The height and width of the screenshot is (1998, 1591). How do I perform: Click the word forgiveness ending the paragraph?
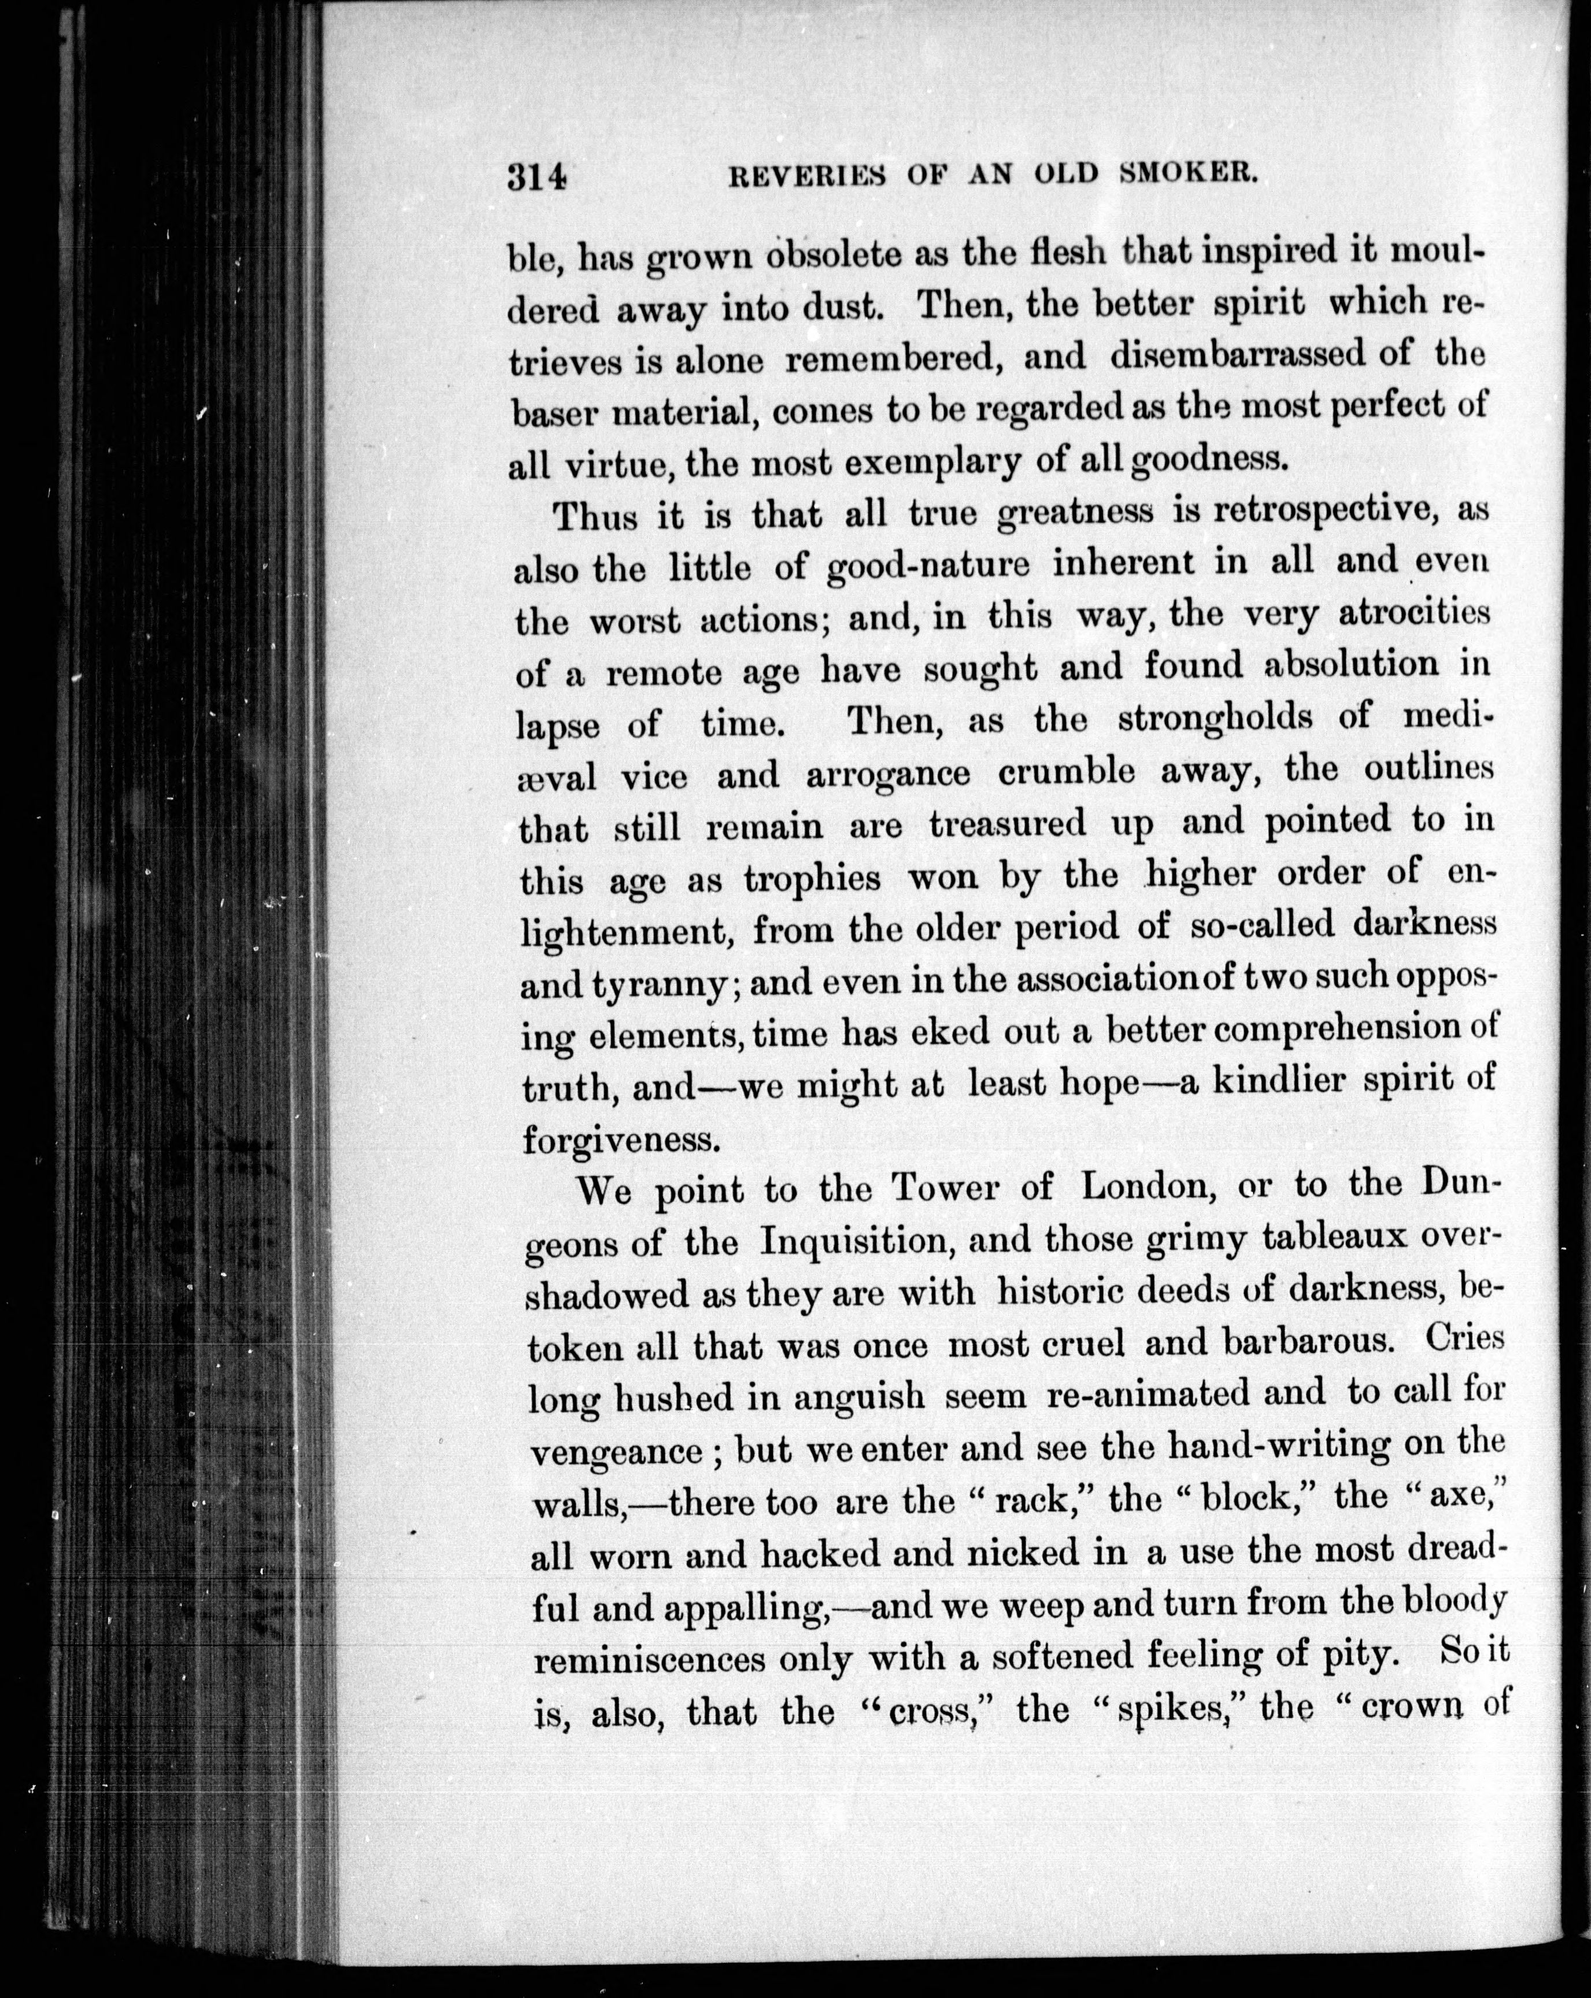pyautogui.click(x=621, y=1138)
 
